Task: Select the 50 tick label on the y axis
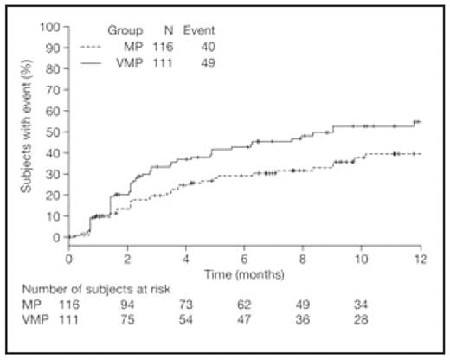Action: tap(53, 131)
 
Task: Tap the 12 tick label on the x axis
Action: tap(421, 257)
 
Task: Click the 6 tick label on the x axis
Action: tap(245, 257)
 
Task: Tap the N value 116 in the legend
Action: tap(164, 48)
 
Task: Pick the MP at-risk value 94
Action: tap(127, 305)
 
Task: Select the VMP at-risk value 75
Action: tap(127, 321)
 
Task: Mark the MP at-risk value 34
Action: tap(362, 305)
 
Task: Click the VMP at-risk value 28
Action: tap(362, 321)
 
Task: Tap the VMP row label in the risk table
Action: tap(36, 321)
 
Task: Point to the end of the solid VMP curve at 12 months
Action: tap(421, 122)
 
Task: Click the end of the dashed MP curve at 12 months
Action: tap(421, 153)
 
